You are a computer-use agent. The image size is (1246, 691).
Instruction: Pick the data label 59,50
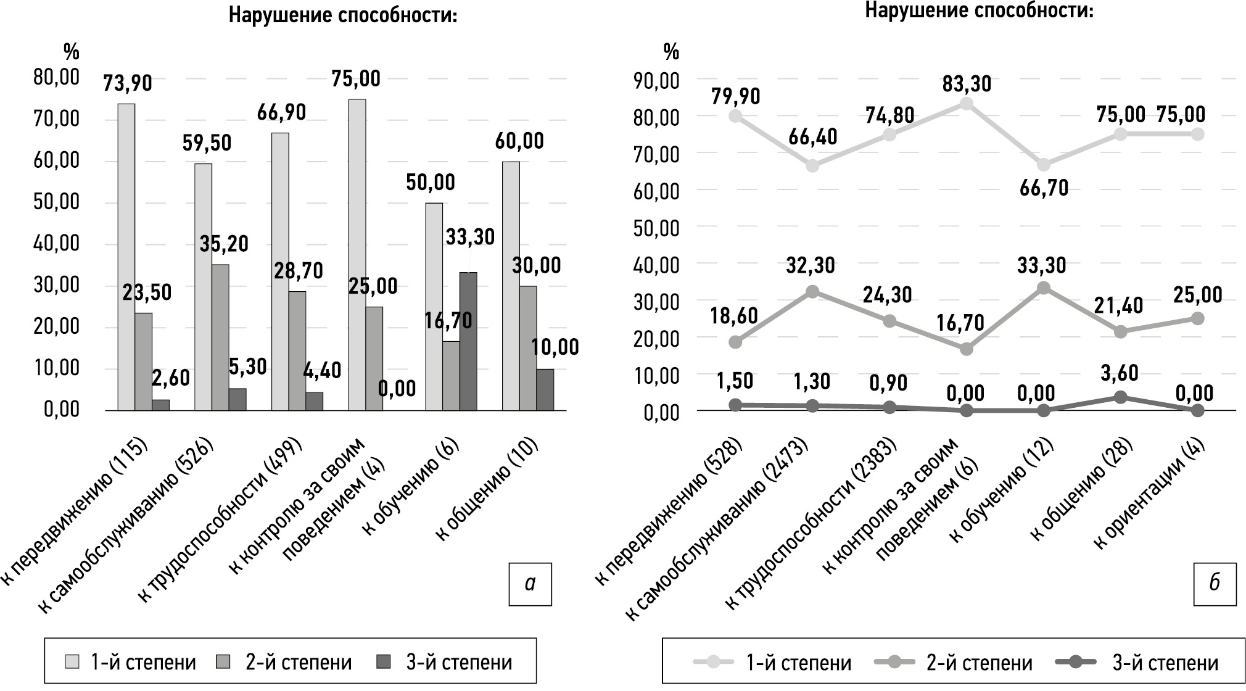207,143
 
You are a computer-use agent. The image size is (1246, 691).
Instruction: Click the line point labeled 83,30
967,104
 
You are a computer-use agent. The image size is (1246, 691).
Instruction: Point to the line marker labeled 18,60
735,342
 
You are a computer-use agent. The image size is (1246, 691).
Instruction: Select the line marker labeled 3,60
1120,397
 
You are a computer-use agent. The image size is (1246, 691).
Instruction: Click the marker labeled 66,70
1044,165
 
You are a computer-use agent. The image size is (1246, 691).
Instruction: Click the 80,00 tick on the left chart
57,78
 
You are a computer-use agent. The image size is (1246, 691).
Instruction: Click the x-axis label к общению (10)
487,490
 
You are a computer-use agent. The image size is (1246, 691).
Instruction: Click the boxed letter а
530,584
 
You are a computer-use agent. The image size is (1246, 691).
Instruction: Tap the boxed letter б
1215,584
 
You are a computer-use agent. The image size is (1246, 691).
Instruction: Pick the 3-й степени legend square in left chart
383,662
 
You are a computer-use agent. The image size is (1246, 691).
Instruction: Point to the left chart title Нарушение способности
343,15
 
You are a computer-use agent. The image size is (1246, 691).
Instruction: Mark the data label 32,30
811,266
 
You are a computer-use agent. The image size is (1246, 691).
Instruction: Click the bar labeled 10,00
545,389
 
